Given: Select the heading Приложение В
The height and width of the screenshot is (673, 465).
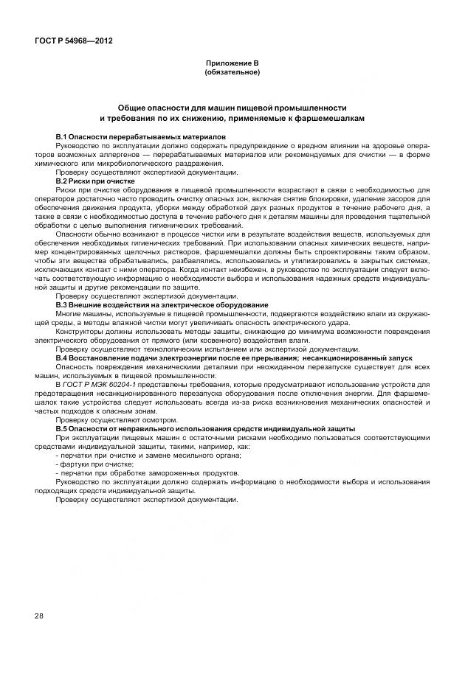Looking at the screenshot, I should pyautogui.click(x=232, y=65).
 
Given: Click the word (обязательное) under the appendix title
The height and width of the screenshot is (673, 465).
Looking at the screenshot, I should pyautogui.click(x=232, y=72).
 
